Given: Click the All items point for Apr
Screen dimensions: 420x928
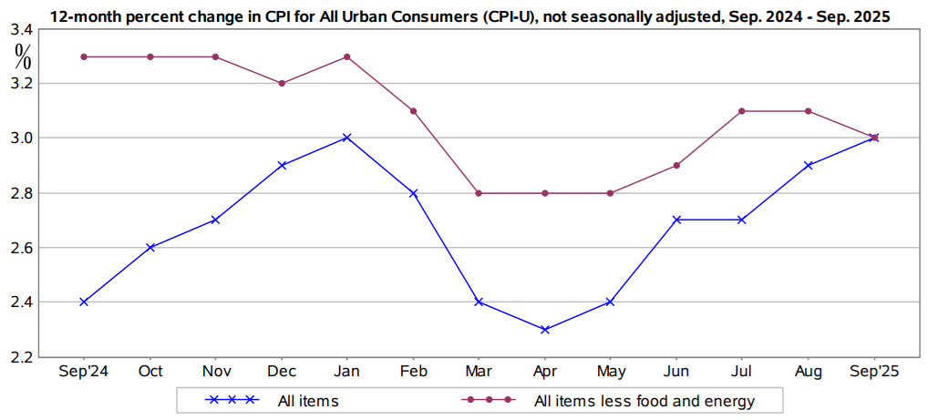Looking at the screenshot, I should coord(544,329).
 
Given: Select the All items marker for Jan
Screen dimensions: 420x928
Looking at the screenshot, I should coord(346,138).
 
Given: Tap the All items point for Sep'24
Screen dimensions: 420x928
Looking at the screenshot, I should coord(84,302).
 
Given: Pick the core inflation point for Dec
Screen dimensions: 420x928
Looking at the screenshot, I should coord(282,83).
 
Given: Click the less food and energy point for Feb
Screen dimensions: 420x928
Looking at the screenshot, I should coord(413,111).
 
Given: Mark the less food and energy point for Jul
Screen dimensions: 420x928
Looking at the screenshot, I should coord(742,111).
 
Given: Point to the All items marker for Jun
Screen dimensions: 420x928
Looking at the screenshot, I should coord(676,220).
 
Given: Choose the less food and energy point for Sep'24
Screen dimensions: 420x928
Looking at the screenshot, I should coord(84,56).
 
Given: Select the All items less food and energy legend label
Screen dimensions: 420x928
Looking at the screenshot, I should coord(644,400).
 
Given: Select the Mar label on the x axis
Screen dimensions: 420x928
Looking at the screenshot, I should coord(479,372).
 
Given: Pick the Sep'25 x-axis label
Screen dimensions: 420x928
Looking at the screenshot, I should coord(874,372).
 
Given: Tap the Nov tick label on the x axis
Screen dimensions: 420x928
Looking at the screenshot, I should coord(215,372).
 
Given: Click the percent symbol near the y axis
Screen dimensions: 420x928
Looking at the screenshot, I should coord(23,56).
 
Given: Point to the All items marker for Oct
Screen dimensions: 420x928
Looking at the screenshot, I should coord(150,247).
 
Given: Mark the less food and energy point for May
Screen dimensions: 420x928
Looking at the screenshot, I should coord(611,193).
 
